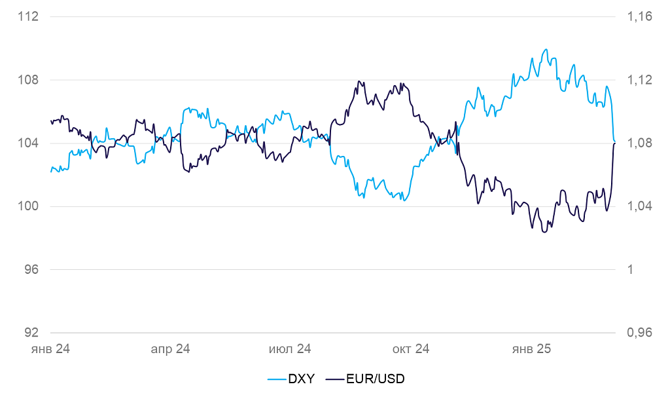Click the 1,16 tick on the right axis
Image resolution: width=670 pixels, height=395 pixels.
tap(639, 17)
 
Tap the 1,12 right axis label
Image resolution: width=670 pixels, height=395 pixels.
tap(639, 80)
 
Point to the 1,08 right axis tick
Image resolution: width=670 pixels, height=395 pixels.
tap(639, 143)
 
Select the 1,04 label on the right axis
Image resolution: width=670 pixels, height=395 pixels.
tap(639, 206)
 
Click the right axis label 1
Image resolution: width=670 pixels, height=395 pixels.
tap(631, 270)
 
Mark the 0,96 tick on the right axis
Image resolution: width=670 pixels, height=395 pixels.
tap(639, 333)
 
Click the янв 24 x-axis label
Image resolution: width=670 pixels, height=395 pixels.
tap(50, 349)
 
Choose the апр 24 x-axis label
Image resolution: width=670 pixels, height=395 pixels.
tap(170, 349)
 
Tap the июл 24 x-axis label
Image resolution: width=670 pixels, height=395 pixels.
tap(290, 349)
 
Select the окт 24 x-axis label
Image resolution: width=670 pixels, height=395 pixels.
tap(411, 349)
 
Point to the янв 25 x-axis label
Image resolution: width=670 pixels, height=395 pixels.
tap(531, 349)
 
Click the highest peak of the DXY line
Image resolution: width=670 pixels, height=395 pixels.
tap(545, 49)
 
